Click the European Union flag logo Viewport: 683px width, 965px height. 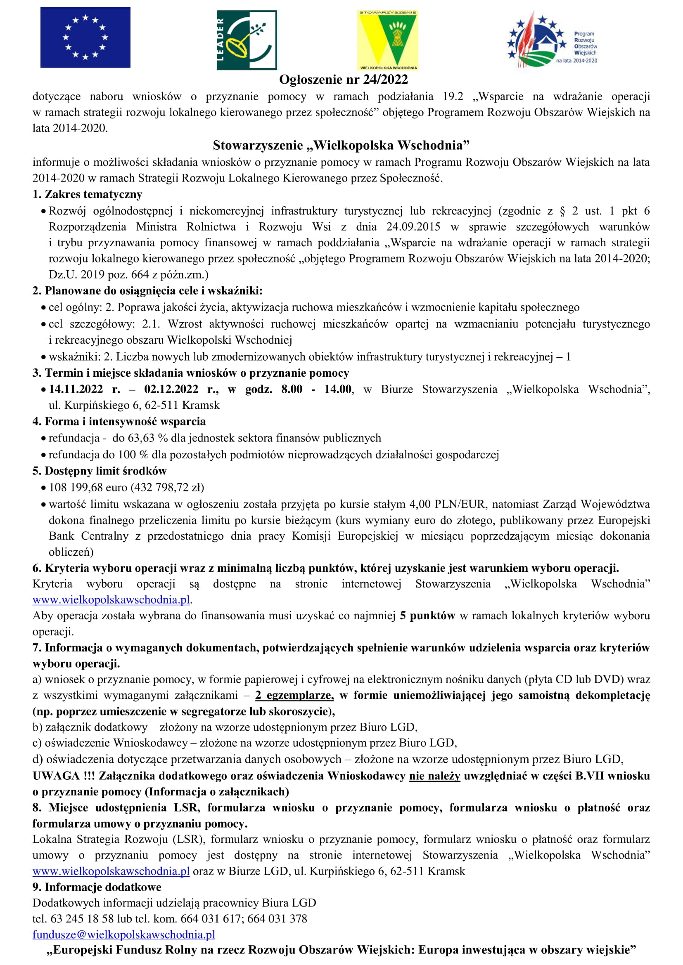85,38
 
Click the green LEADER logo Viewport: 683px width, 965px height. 247,40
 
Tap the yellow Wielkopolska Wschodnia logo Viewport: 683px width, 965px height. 387,40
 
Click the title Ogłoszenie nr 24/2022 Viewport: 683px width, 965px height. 343,79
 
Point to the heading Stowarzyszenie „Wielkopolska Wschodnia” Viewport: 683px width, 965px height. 341,145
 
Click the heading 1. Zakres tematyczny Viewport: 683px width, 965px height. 88,194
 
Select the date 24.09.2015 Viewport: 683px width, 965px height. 413,227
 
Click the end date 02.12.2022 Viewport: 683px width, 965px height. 171,389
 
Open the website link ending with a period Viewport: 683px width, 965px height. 111,600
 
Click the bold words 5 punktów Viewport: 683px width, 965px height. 427,616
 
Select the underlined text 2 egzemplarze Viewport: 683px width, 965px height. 294,696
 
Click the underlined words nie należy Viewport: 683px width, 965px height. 434,776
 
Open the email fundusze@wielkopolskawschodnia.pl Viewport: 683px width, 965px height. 123,935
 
